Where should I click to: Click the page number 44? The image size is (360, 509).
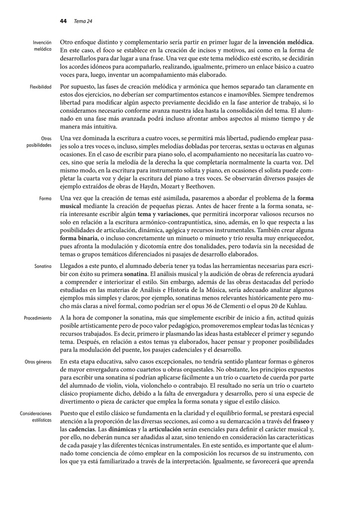pyautogui.click(x=63, y=21)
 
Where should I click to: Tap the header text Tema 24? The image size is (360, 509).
pyautogui.click(x=83, y=21)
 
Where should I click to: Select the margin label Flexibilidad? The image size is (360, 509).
pyautogui.click(x=40, y=87)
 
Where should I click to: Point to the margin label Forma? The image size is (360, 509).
pyautogui.click(x=46, y=198)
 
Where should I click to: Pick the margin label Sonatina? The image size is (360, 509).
pyautogui.click(x=43, y=266)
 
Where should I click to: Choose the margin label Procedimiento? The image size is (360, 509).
pyautogui.click(x=37, y=318)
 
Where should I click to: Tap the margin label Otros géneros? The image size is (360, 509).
pyautogui.click(x=38, y=362)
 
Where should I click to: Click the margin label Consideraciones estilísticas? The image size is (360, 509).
pyautogui.click(x=36, y=417)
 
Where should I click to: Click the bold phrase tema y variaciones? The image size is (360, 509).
pyautogui.click(x=161, y=214)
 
